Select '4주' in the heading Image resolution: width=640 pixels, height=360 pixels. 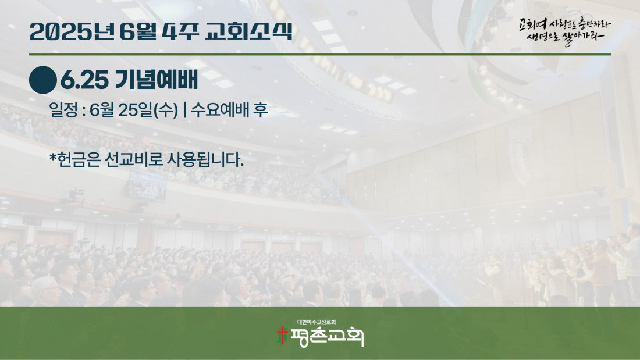coord(180,31)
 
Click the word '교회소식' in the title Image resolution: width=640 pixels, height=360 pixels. coord(248,31)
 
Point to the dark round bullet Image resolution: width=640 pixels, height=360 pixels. coord(43,80)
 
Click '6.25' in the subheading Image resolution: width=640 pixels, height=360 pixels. coord(84,80)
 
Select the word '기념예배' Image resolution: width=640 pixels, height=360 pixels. coord(157,80)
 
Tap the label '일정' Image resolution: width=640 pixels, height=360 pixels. coord(63,110)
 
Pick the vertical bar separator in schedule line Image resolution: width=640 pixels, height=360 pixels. coord(185,110)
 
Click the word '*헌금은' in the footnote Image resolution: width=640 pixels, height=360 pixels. coord(74,159)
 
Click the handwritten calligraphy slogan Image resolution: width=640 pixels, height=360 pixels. coord(565,31)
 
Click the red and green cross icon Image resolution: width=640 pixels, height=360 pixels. coord(282,335)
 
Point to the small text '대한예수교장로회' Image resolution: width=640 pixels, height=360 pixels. coord(317,322)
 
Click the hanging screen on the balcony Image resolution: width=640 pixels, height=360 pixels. coord(147,186)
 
